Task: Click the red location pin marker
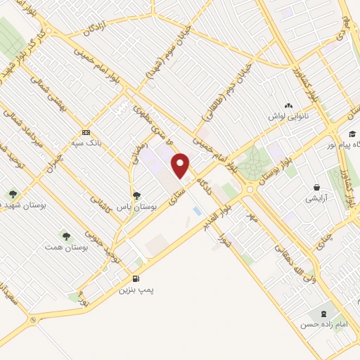[x=181, y=166]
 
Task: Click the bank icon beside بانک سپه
[x=86, y=132]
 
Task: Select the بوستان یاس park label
[x=134, y=207]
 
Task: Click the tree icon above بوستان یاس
[x=136, y=195]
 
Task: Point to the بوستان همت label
[x=66, y=248]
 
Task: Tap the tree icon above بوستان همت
[x=66, y=236]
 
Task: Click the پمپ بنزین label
[x=136, y=289]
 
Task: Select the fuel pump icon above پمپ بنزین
[x=136, y=277]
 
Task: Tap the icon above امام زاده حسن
[x=323, y=313]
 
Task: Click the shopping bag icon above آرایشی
[x=318, y=188]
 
